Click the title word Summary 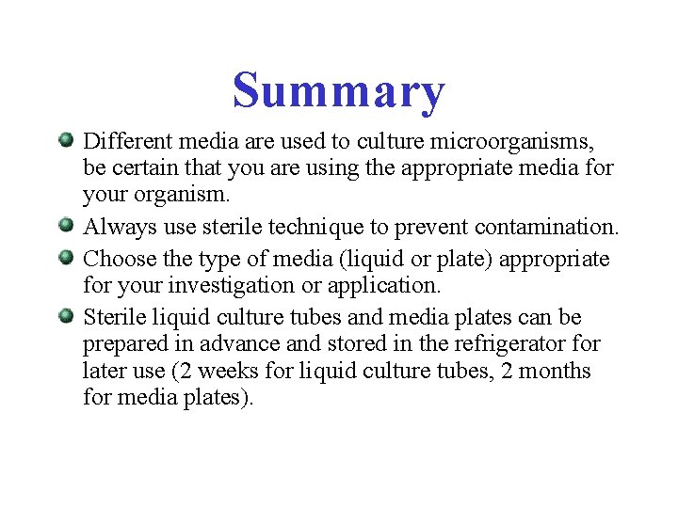tap(338, 91)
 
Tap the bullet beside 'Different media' tap(66, 141)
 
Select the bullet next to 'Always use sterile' tap(66, 226)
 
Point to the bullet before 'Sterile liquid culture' tap(66, 314)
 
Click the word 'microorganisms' tap(512, 142)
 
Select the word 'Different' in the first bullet tap(127, 142)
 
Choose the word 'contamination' tap(547, 228)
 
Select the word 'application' tap(388, 286)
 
